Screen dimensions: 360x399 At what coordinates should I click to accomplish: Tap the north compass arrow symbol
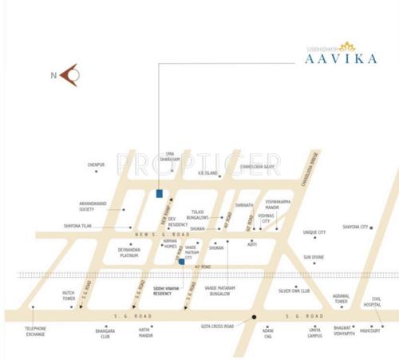click(x=69, y=76)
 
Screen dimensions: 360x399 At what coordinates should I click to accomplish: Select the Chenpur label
click(x=96, y=165)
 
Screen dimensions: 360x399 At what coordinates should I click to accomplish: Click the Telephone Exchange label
click(x=34, y=331)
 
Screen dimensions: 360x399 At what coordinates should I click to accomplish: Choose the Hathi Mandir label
click(x=146, y=334)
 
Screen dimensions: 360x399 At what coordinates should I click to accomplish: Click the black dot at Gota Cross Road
click(x=255, y=318)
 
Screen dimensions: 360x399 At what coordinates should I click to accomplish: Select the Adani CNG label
click(x=269, y=334)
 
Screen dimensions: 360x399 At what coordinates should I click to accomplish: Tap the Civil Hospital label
click(x=372, y=302)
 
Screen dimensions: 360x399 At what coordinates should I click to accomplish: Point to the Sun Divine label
click(x=313, y=257)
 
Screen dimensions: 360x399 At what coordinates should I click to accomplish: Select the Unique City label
click(x=314, y=233)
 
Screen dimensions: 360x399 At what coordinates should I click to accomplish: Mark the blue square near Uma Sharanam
click(x=160, y=194)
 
